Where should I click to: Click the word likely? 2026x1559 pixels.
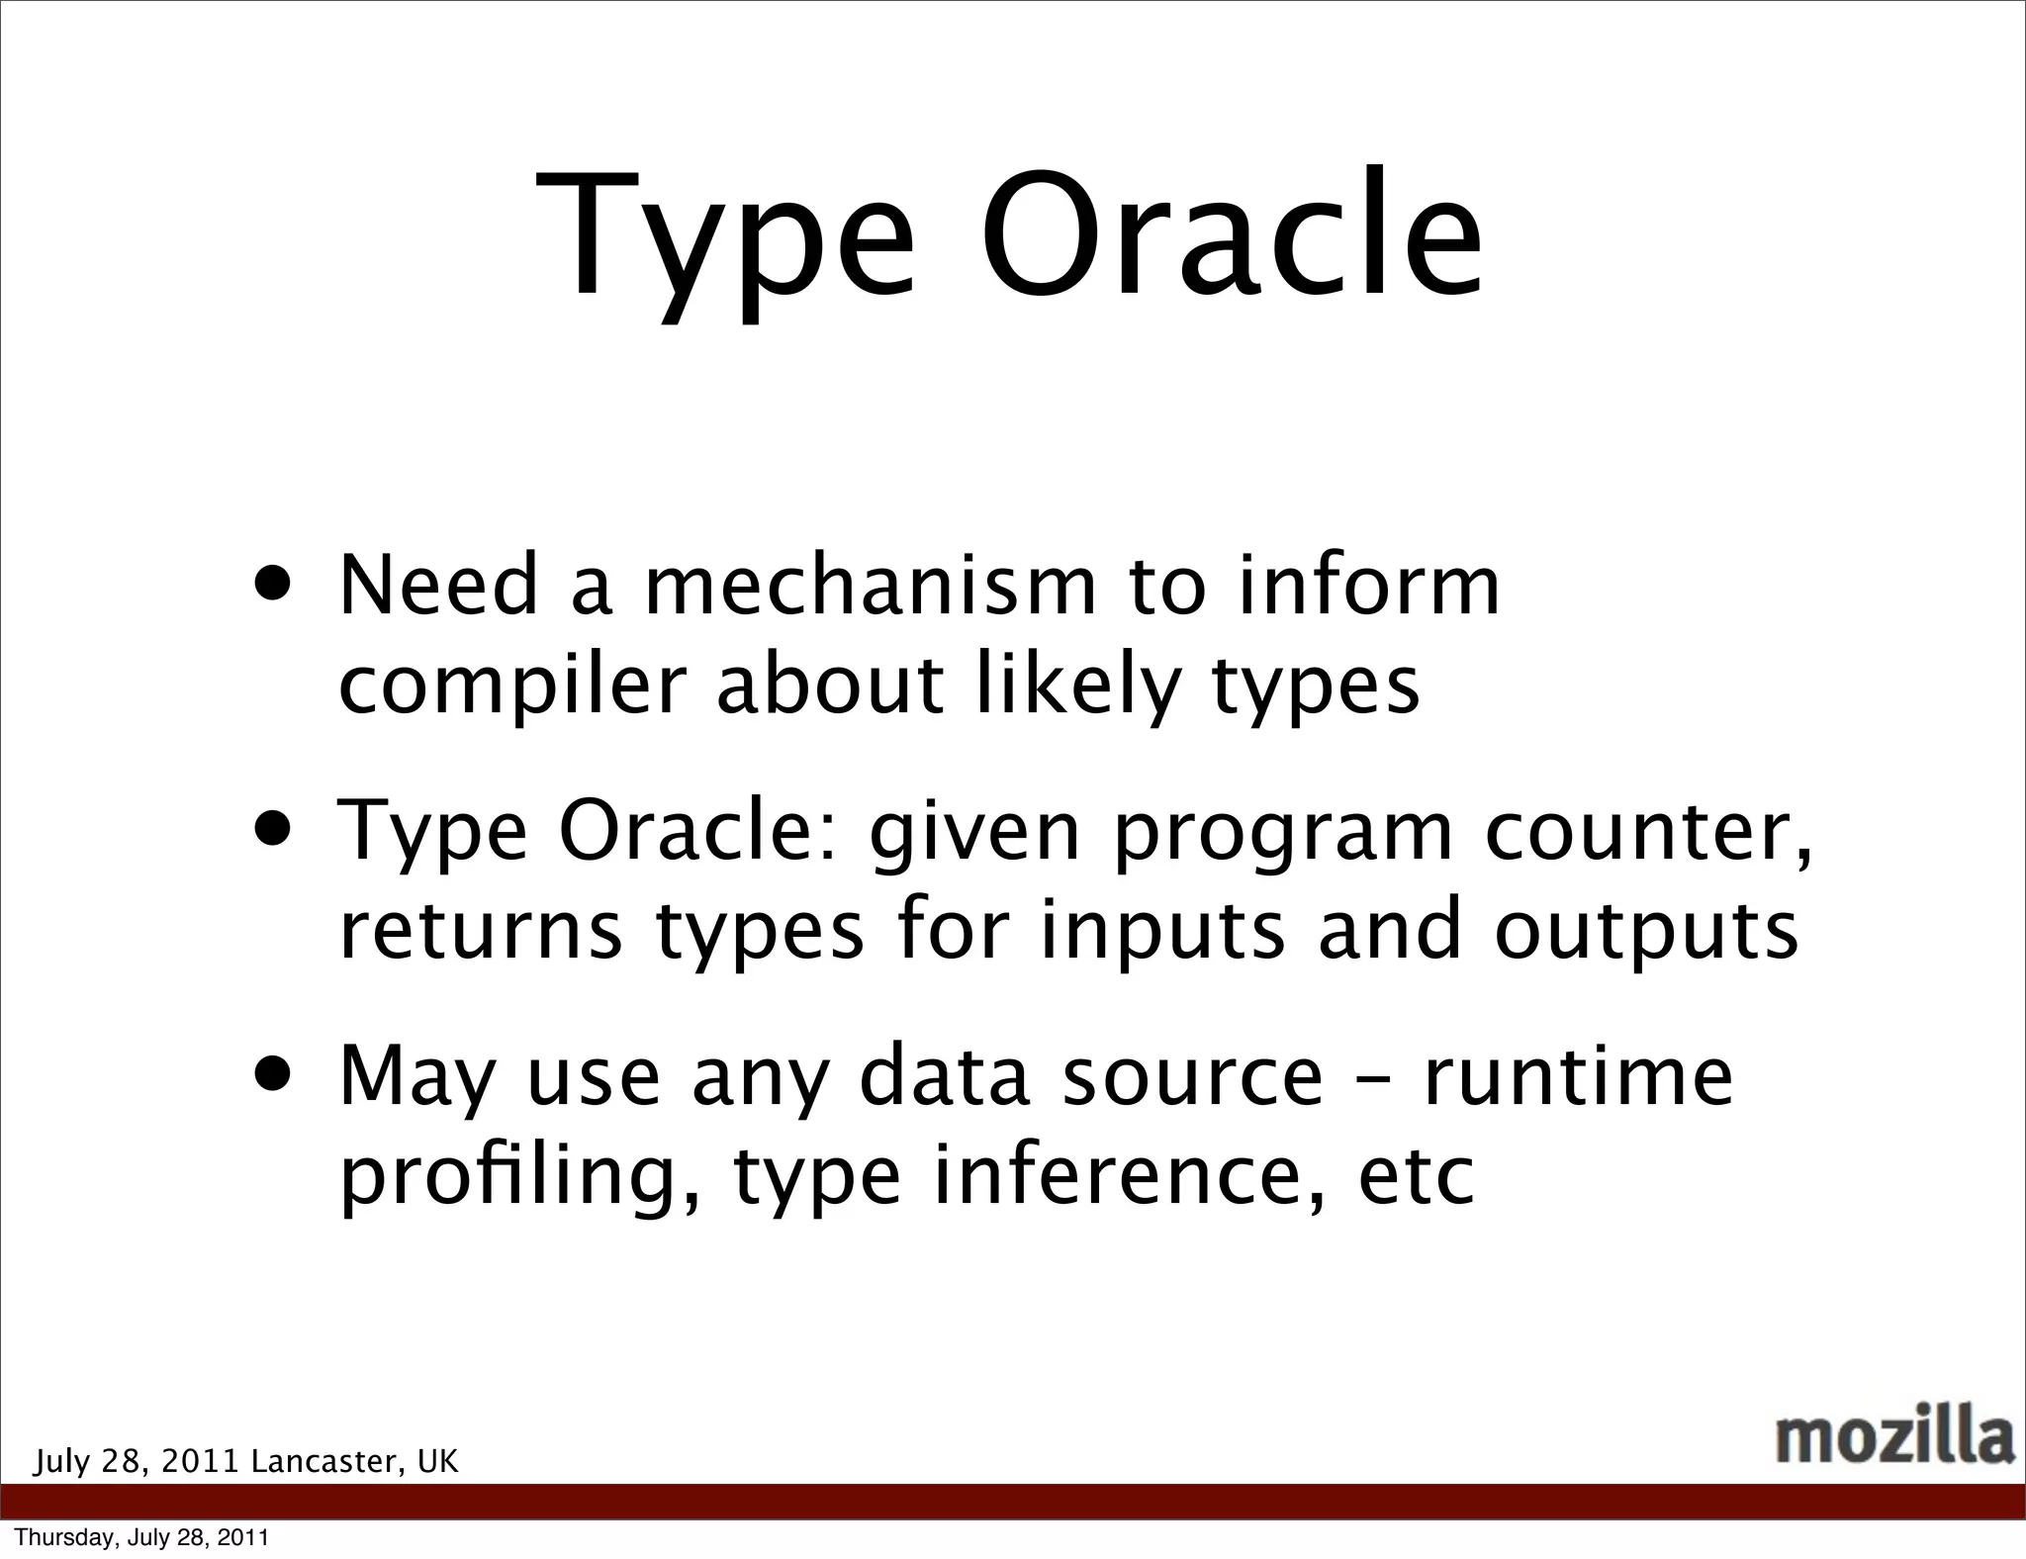click(1078, 687)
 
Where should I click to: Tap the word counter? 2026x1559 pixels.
click(1647, 833)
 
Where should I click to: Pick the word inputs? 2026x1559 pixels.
click(1163, 932)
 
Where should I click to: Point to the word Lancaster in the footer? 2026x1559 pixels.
click(327, 1461)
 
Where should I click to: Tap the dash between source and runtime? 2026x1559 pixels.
click(1372, 1080)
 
